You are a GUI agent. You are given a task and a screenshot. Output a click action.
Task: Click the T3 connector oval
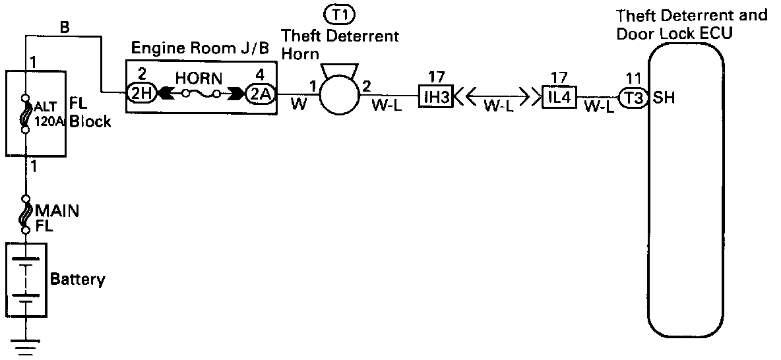[635, 98]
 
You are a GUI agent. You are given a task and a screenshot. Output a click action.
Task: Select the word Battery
[78, 280]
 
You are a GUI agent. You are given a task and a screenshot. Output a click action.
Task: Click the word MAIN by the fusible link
[57, 211]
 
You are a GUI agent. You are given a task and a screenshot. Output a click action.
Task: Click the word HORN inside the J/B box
[199, 76]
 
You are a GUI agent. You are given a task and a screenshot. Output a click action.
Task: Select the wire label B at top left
[65, 28]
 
